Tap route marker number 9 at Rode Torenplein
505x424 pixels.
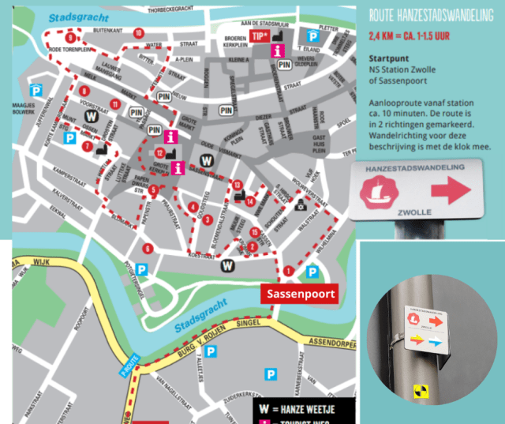pyautogui.click(x=70, y=38)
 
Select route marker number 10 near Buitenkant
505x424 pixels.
pyautogui.click(x=138, y=32)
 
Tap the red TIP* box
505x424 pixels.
pyautogui.click(x=260, y=36)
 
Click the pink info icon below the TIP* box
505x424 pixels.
pyautogui.click(x=277, y=51)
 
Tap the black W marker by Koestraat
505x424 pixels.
pyautogui.click(x=227, y=265)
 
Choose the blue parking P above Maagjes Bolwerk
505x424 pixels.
pyautogui.click(x=36, y=89)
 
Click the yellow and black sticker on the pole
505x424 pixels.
pyautogui.click(x=419, y=389)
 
